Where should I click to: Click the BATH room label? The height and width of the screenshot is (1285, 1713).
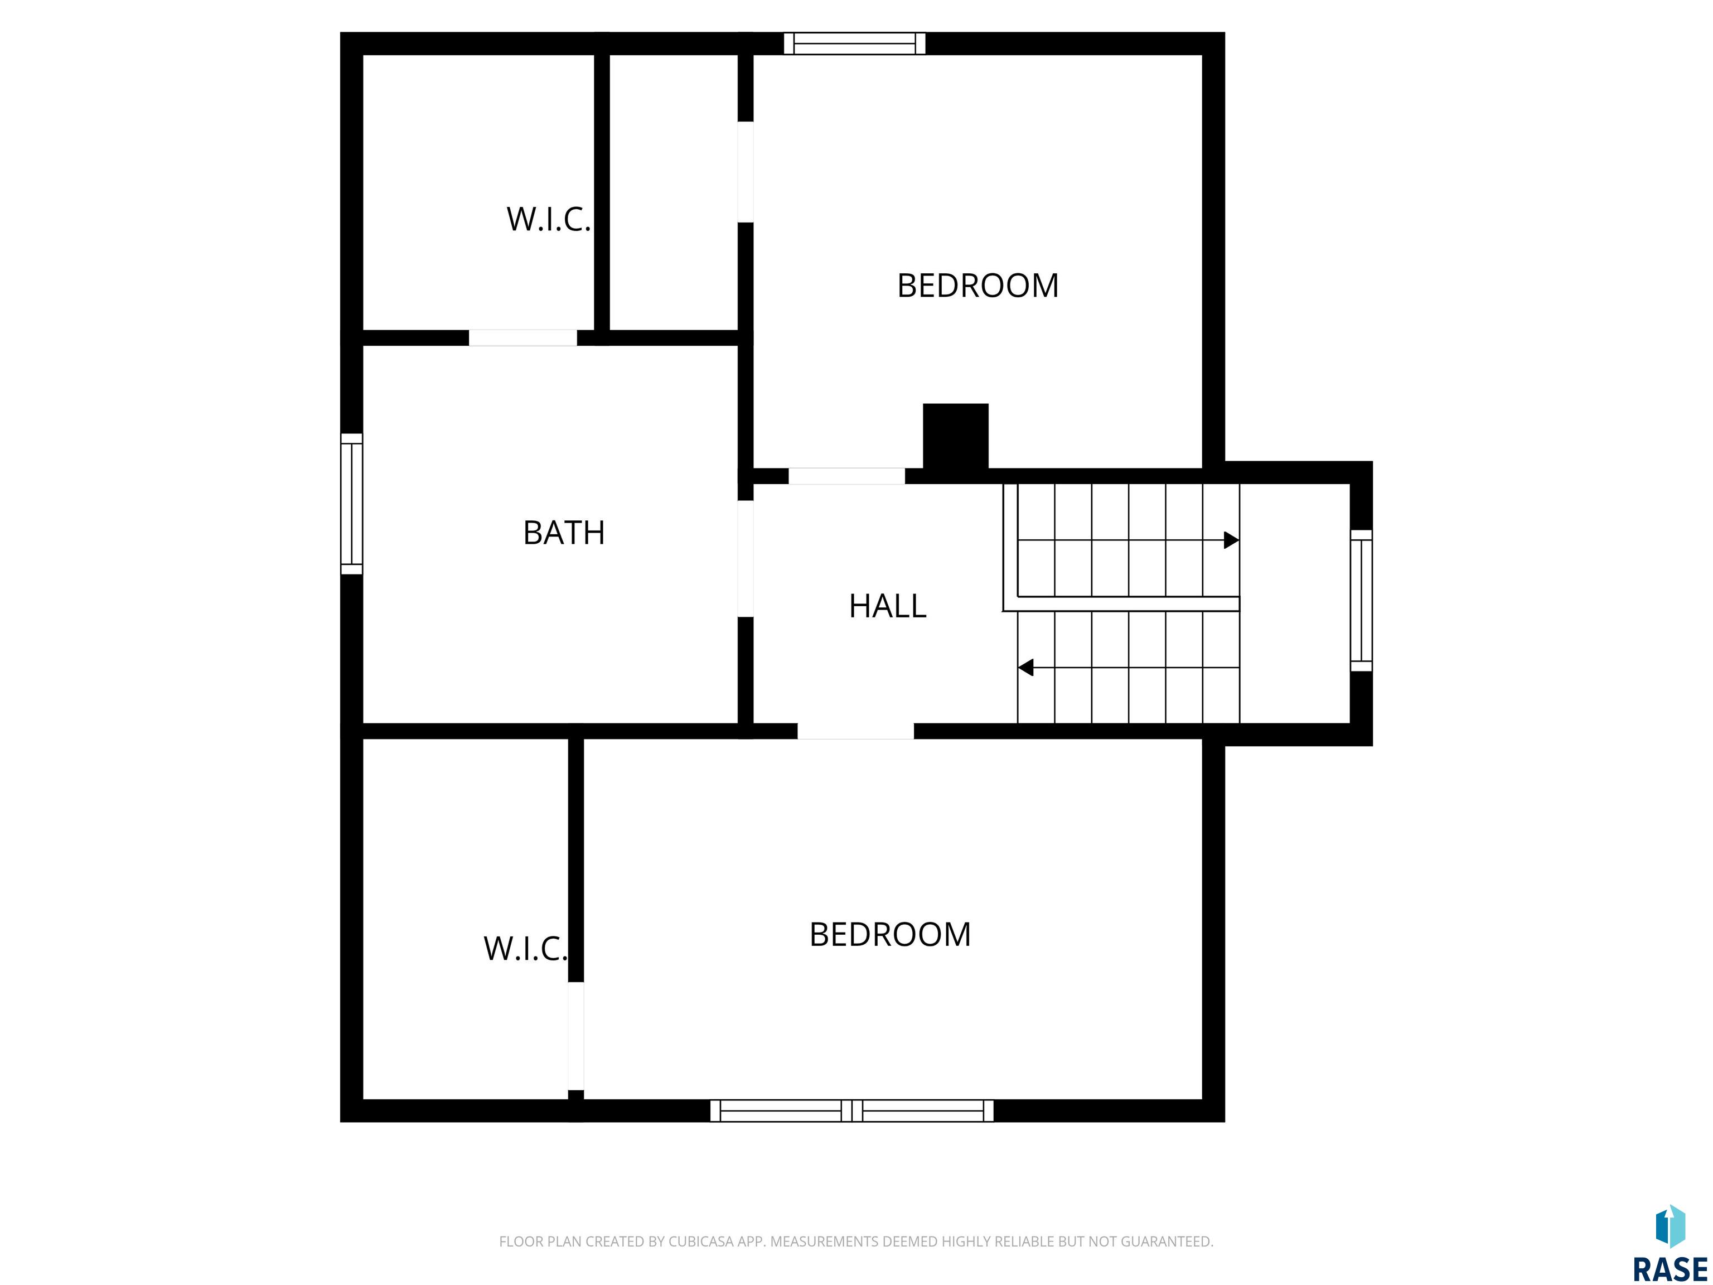click(x=564, y=533)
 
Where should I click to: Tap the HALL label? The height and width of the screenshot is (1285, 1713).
click(x=888, y=606)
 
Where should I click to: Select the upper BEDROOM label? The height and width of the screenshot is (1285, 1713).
click(x=978, y=286)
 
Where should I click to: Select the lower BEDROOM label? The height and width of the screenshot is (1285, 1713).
click(x=890, y=935)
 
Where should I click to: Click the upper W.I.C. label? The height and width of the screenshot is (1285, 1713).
click(x=548, y=219)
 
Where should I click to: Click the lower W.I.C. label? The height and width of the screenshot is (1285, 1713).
click(x=525, y=949)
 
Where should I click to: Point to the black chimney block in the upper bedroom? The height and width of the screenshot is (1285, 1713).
click(x=956, y=436)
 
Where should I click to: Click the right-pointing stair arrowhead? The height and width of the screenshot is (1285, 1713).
click(x=1231, y=540)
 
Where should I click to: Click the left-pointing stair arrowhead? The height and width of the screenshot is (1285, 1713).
click(x=1025, y=667)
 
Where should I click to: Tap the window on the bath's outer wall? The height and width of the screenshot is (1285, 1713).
click(x=352, y=504)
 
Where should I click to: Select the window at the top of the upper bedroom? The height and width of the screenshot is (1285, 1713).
click(x=855, y=44)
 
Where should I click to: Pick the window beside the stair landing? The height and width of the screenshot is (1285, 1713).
click(x=1361, y=600)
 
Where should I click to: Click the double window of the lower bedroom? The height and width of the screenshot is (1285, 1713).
click(x=852, y=1111)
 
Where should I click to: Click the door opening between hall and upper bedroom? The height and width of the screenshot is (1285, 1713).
click(x=846, y=476)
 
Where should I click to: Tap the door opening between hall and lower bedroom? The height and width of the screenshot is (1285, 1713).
click(x=856, y=731)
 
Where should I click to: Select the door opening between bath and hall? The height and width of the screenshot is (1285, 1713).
click(x=745, y=558)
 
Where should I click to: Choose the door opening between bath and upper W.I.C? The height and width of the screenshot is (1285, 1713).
click(x=522, y=338)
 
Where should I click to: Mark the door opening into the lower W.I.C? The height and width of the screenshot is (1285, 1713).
click(x=575, y=1036)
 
